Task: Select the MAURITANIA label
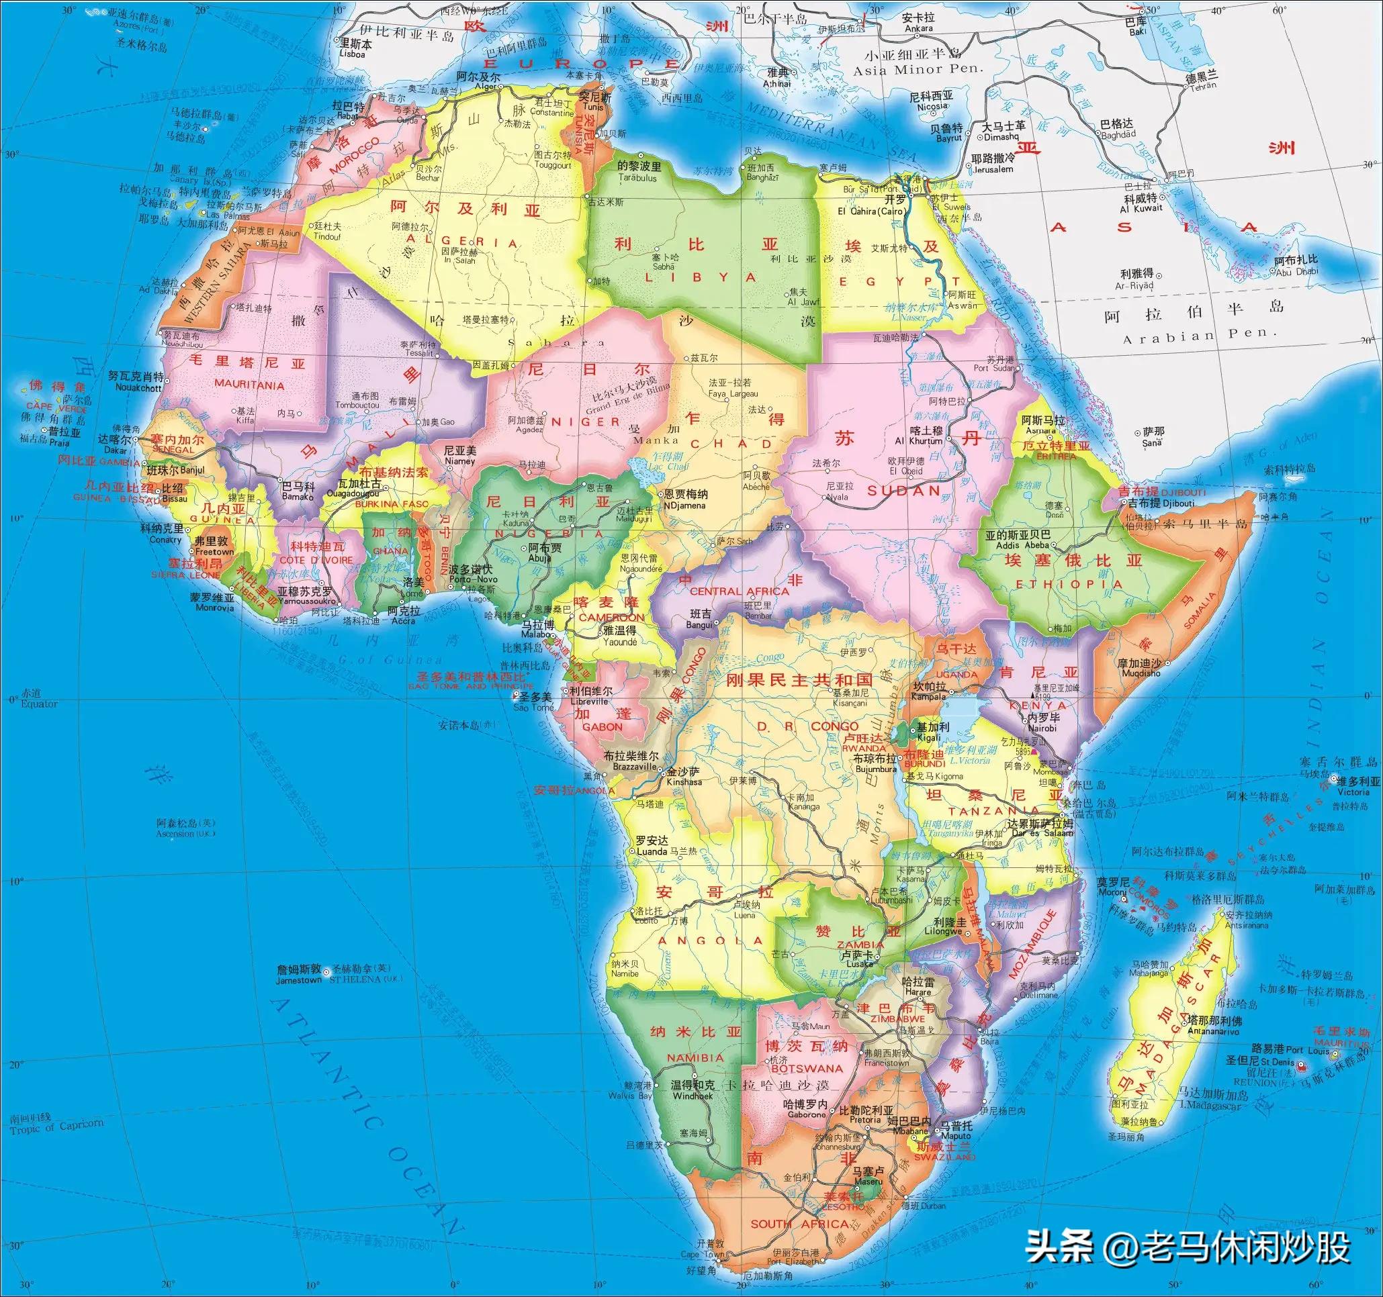click(249, 385)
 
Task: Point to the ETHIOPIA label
click(1069, 584)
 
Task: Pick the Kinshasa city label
click(684, 781)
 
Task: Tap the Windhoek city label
click(693, 1096)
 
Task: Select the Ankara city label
click(918, 30)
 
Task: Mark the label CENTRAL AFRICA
click(739, 591)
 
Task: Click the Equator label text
click(39, 704)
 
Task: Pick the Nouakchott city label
click(134, 387)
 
